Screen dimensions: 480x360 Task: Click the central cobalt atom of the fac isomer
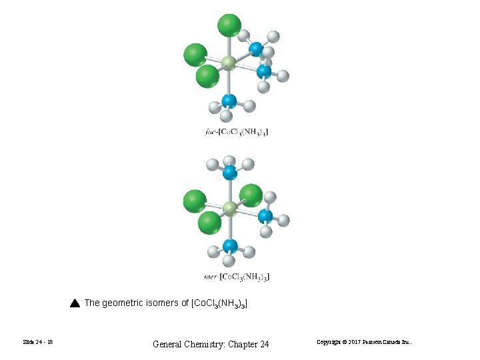[229, 63]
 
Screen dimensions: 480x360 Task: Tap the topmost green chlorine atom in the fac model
[229, 25]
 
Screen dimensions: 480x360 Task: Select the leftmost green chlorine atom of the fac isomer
[195, 55]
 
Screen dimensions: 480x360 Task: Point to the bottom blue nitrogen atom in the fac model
[229, 101]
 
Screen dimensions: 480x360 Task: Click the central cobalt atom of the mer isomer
[229, 209]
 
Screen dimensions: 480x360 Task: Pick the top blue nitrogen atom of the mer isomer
[230, 173]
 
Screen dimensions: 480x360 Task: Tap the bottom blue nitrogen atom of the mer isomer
[230, 245]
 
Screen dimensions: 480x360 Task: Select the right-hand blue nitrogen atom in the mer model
[265, 216]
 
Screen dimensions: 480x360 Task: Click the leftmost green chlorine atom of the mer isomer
[195, 201]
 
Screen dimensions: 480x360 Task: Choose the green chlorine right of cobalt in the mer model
[251, 195]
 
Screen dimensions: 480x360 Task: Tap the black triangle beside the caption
[75, 303]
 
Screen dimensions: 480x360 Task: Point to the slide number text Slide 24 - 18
[37, 342]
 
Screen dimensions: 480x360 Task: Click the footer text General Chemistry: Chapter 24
[211, 344]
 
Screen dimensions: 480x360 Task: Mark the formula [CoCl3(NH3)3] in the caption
[219, 303]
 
